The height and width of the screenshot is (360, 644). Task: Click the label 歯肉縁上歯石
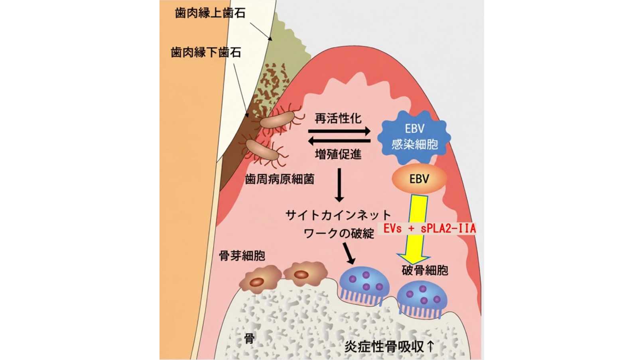coord(210,13)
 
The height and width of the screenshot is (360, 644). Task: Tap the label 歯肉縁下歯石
coord(206,53)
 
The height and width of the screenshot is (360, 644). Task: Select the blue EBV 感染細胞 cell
coord(414,137)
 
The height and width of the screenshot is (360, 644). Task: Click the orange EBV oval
coord(419,179)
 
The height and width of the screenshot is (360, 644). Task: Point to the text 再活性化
coord(339,118)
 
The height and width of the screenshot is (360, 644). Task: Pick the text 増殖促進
coord(339,155)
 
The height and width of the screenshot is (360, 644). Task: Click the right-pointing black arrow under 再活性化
coord(339,132)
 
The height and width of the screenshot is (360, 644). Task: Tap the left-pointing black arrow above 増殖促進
coord(339,141)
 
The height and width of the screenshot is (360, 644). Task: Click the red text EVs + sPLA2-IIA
coord(429,228)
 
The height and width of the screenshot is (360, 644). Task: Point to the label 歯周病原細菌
coord(280,179)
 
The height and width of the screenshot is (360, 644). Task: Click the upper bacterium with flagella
coord(277,120)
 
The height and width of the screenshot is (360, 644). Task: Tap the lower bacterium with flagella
coord(262,150)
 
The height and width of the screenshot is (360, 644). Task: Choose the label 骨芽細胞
coord(242,256)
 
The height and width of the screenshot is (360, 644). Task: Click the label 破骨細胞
coord(425,270)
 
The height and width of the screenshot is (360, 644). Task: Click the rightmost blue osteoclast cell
coord(422,299)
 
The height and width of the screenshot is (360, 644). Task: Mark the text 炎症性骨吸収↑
coord(389,347)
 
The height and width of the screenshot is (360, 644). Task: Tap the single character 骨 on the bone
coord(249,339)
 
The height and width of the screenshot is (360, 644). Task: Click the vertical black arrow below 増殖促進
coord(339,185)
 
